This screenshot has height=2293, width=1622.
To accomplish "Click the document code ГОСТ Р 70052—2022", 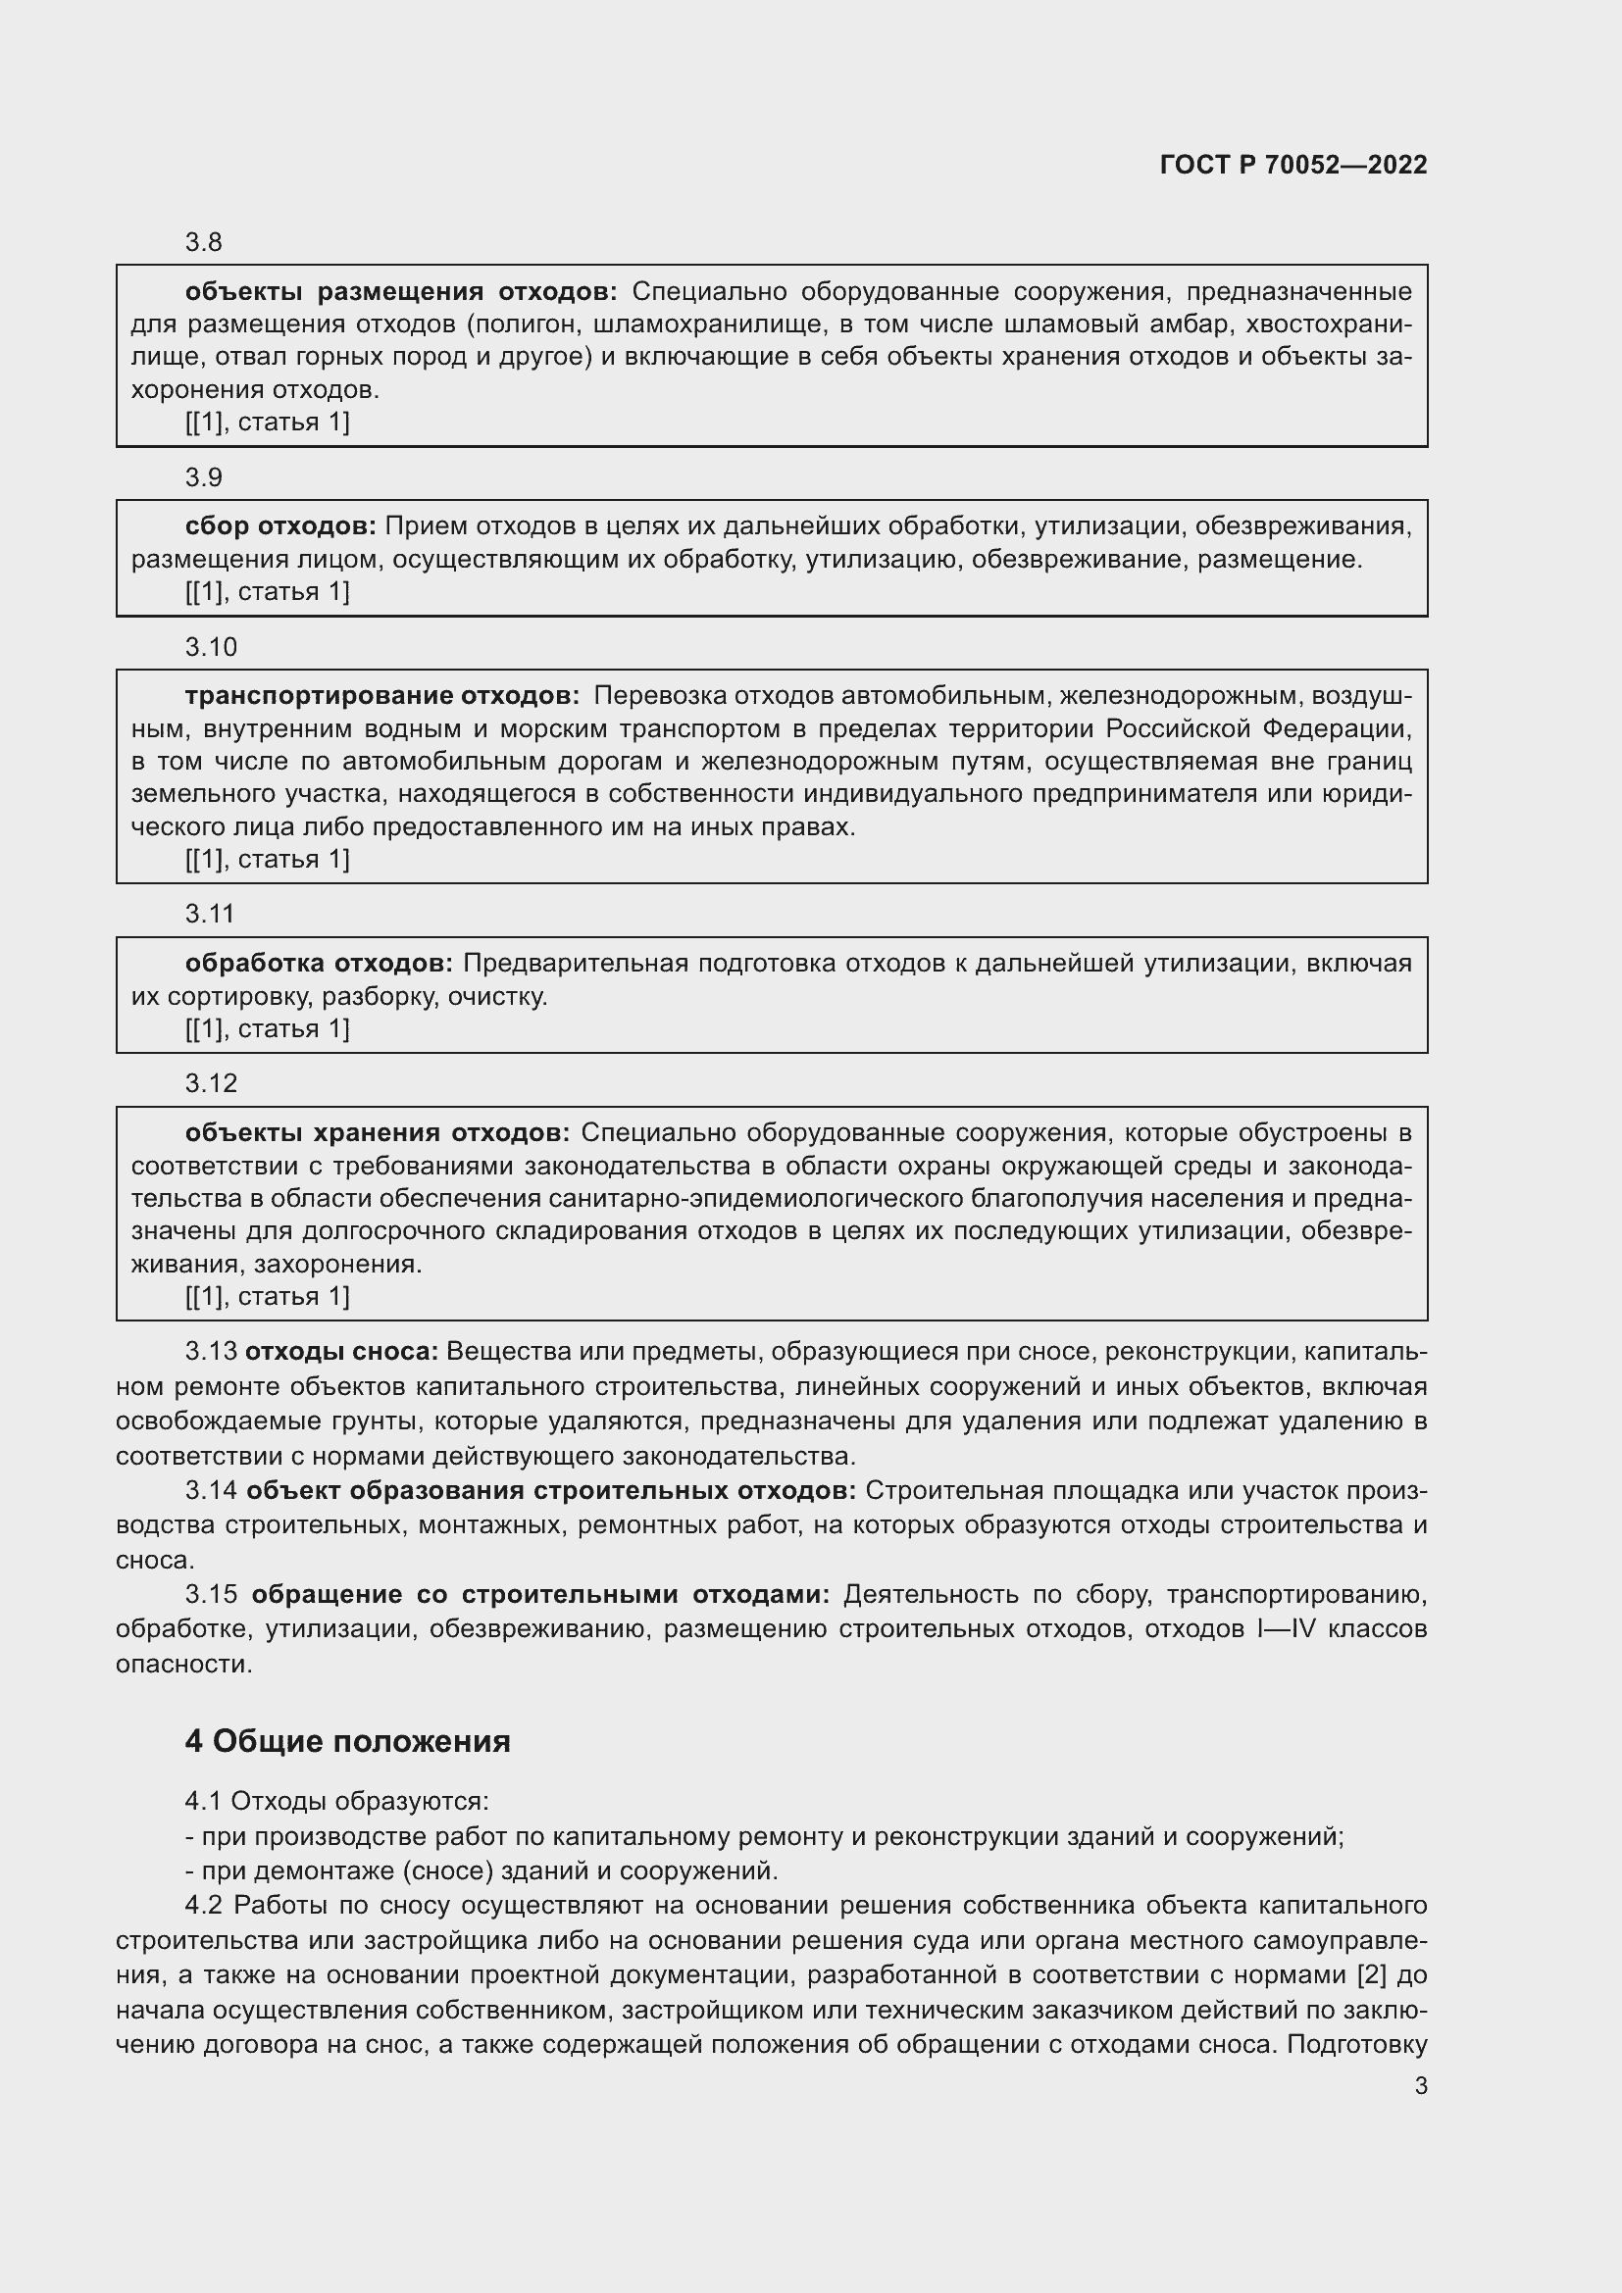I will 1293,165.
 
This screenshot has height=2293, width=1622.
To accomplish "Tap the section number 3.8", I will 203,243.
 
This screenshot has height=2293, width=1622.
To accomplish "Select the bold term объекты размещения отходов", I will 400,291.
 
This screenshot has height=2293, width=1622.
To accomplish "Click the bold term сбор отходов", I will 280,526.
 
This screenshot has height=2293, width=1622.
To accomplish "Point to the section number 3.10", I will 211,647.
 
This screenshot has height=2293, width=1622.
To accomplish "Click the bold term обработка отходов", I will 319,963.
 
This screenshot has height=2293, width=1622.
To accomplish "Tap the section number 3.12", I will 211,1082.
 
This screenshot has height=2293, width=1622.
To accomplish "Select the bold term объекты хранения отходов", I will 378,1132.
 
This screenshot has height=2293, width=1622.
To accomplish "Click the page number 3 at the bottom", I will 1420,2085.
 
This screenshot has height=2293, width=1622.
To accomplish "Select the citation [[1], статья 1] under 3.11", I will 268,1028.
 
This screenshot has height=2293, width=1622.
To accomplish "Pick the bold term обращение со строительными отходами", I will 540,1595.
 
